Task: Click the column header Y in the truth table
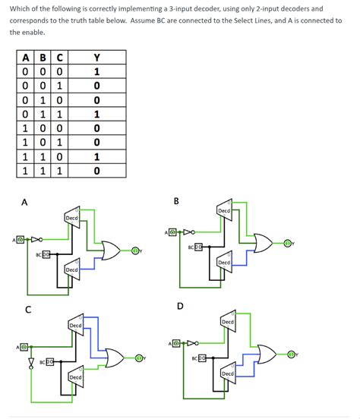[96, 57]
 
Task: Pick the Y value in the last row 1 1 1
[96, 171]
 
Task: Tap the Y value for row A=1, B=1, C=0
[96, 156]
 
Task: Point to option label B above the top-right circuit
[177, 200]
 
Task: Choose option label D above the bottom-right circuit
[179, 306]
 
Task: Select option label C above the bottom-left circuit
[27, 309]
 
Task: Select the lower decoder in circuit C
[75, 376]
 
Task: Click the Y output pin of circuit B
[288, 243]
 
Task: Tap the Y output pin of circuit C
[140, 358]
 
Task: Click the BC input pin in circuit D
[200, 358]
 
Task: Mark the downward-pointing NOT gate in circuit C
[32, 361]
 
